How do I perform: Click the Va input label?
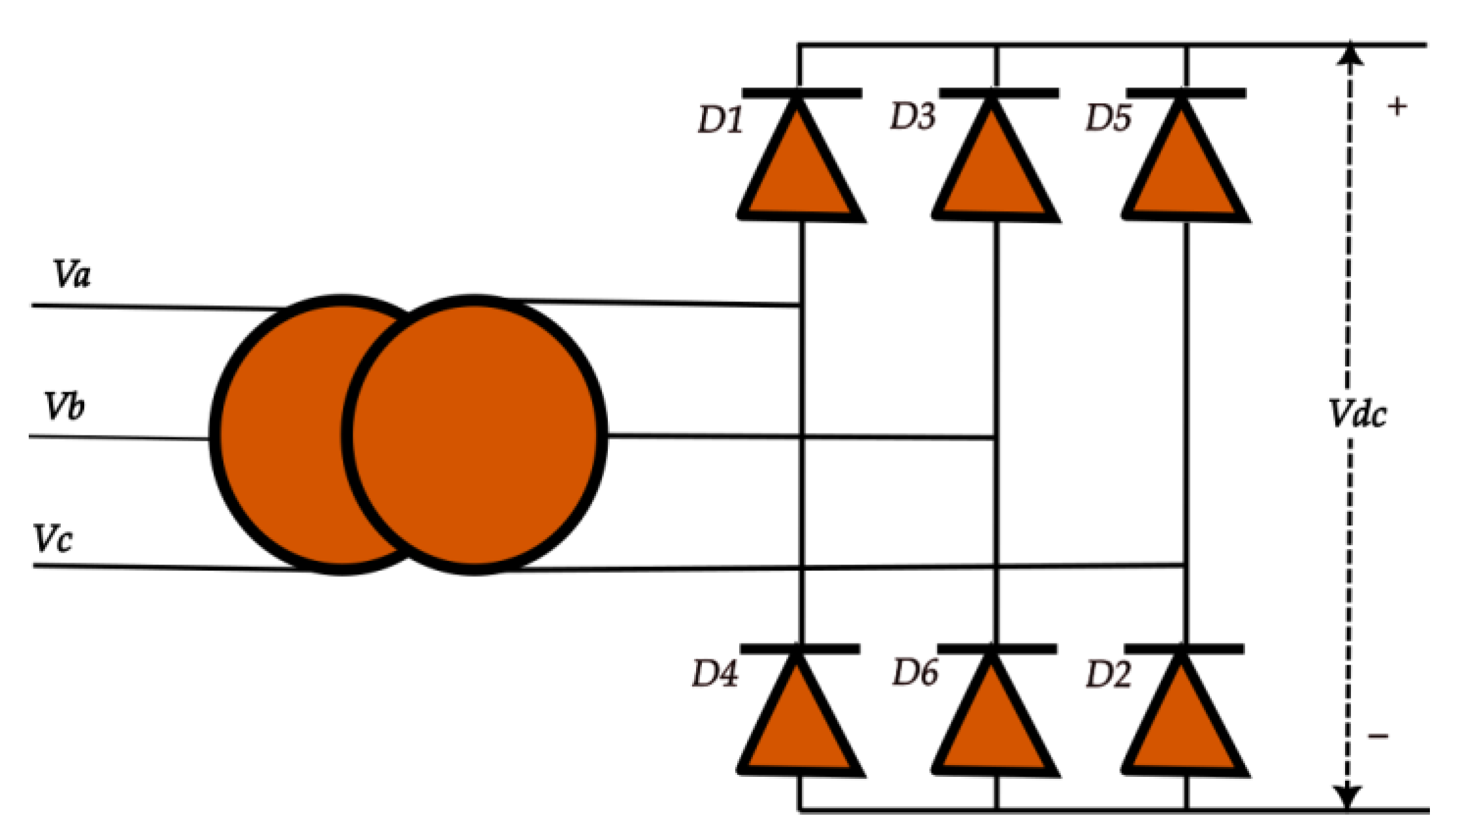(72, 274)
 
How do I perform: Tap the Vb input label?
(64, 406)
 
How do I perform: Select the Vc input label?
(52, 539)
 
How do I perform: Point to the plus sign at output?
(1397, 106)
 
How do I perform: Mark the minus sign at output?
(1378, 736)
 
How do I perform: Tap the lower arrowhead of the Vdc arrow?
(1348, 797)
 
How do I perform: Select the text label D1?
(720, 120)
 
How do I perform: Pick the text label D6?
(915, 672)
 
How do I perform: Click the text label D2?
(1108, 674)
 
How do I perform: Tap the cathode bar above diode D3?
(999, 94)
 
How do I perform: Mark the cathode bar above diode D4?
(800, 649)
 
